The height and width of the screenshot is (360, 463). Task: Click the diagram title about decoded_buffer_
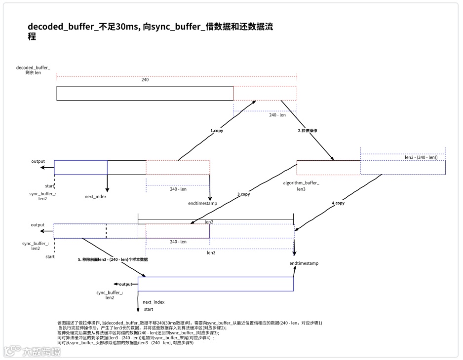151,31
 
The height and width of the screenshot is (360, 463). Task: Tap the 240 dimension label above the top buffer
145,80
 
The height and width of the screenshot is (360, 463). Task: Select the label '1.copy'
217,131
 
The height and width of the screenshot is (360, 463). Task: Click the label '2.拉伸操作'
307,131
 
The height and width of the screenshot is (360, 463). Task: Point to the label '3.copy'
244,194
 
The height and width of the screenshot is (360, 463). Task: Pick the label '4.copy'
338,203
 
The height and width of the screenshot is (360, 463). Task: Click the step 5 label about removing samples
113,259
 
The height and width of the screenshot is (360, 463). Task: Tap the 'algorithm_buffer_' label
301,183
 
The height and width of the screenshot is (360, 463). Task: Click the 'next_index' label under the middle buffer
96,197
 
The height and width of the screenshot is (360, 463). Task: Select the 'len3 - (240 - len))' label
421,157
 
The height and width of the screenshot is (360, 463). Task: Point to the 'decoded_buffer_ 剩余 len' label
33,70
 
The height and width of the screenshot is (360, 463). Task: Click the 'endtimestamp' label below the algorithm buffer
304,263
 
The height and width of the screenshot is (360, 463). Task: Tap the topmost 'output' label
38,161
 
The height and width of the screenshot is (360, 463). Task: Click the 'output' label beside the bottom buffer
125,284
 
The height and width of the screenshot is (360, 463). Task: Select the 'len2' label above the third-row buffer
209,222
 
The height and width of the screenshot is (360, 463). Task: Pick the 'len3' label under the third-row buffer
211,253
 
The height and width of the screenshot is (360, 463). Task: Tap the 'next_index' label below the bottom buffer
154,302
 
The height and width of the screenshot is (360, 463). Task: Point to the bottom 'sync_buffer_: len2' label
110,295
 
